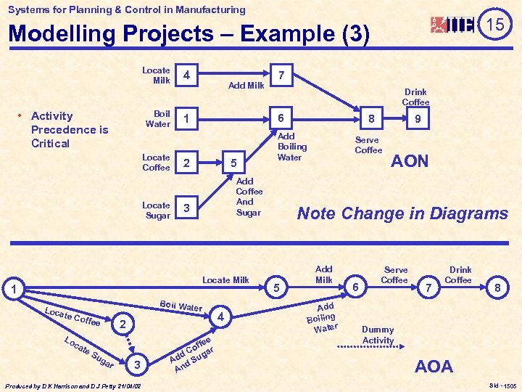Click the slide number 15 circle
pyautogui.click(x=495, y=25)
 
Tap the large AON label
pyautogui.click(x=410, y=161)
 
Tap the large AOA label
pyautogui.click(x=434, y=367)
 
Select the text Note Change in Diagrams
pyautogui.click(x=403, y=213)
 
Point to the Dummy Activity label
pyautogui.click(x=378, y=335)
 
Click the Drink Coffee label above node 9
pyautogui.click(x=415, y=97)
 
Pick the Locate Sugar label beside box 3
pyautogui.click(x=157, y=210)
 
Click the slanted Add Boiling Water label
pyautogui.click(x=321, y=317)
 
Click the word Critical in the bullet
pyautogui.click(x=51, y=143)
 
